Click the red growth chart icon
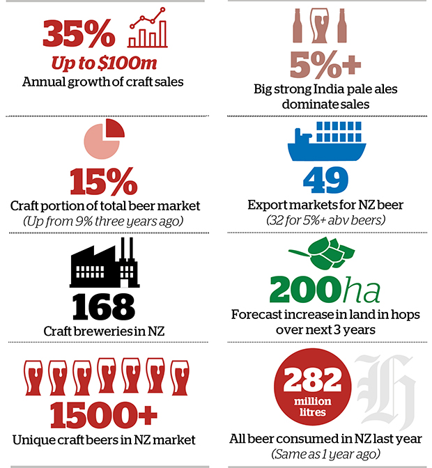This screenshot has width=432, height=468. coord(148,27)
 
